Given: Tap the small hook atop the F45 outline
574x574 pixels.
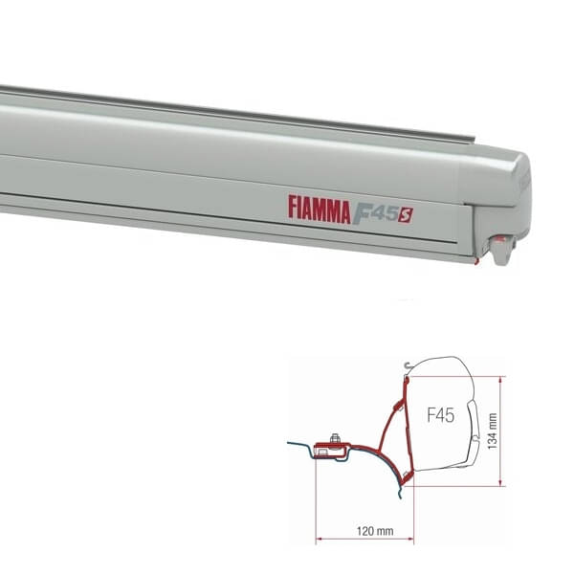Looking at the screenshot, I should click(x=408, y=364).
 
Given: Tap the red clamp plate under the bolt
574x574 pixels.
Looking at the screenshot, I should click(x=335, y=449).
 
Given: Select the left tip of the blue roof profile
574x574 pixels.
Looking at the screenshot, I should click(x=288, y=445).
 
